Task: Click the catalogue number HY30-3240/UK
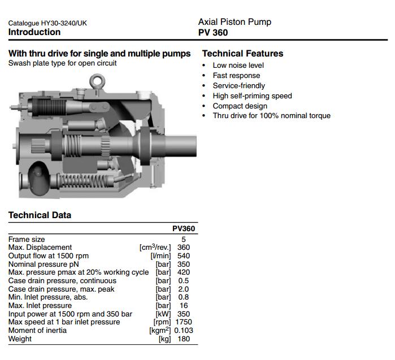(47, 23)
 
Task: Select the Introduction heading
(34, 32)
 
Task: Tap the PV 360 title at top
(213, 33)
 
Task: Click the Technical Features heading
(242, 54)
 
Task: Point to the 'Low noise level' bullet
(238, 65)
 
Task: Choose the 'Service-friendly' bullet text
(238, 85)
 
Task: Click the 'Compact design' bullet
(240, 106)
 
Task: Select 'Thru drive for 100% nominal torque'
(271, 116)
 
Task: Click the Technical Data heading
(40, 215)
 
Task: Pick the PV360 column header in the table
(184, 229)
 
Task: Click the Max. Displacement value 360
(183, 248)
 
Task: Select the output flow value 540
(183, 256)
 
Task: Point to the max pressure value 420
(183, 272)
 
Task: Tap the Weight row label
(20, 339)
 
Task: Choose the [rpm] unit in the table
(163, 322)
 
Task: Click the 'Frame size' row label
(27, 240)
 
